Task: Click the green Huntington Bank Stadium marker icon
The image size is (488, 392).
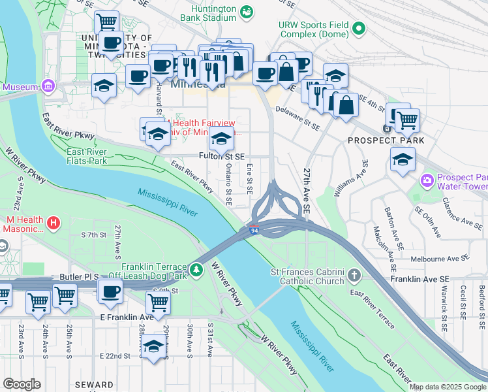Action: (x=247, y=12)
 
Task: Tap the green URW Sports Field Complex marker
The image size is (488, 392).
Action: (x=358, y=28)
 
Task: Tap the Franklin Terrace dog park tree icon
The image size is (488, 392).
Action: (x=197, y=269)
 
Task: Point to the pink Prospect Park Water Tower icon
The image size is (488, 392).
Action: (x=427, y=180)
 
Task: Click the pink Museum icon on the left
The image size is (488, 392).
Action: (x=47, y=86)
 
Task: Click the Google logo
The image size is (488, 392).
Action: (x=22, y=384)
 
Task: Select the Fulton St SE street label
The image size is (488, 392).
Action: (x=222, y=157)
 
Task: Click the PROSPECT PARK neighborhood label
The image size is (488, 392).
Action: (x=386, y=140)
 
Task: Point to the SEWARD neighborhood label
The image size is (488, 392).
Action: (x=93, y=385)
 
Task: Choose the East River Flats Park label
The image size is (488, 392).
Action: (x=85, y=156)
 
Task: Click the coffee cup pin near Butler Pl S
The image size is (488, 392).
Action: (x=111, y=291)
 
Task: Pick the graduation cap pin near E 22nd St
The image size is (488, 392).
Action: (x=153, y=347)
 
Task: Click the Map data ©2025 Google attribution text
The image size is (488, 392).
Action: (x=448, y=387)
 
